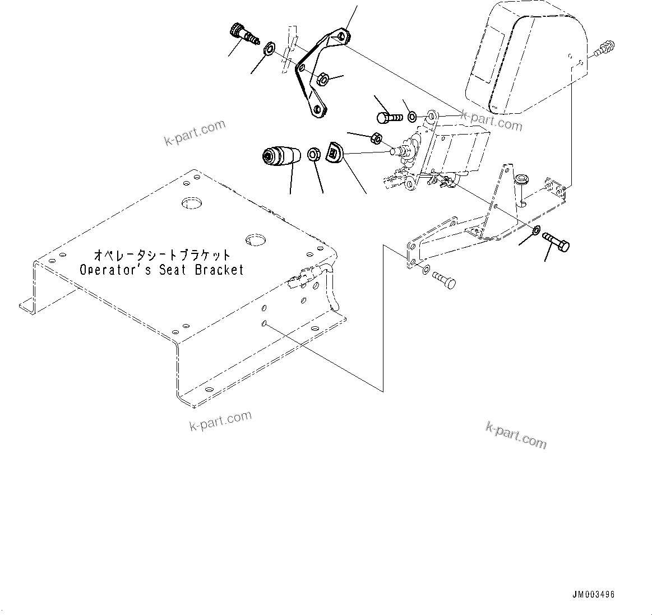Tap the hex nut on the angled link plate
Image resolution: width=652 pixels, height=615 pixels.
coord(322,79)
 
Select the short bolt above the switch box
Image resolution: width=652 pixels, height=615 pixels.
coord(388,118)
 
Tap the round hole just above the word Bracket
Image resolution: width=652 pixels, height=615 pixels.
coord(255,240)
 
